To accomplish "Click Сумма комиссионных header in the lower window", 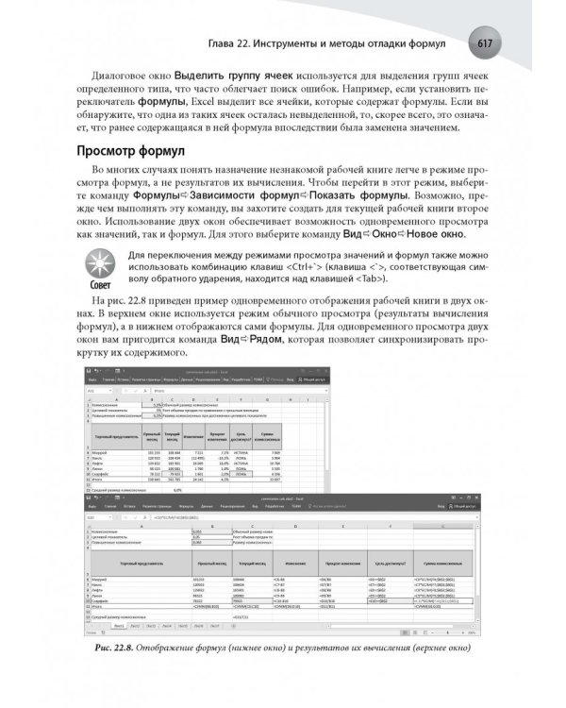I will coord(429,561).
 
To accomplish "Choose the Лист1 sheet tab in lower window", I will coord(120,624).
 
